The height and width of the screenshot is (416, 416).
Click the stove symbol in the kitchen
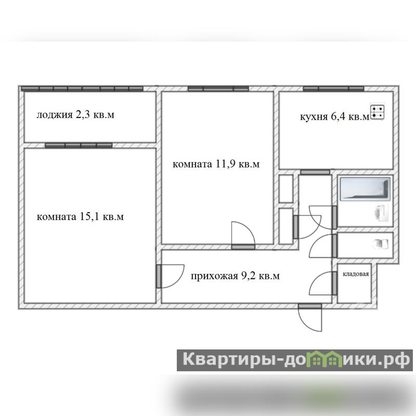click(x=378, y=112)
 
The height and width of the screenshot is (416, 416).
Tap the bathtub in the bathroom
click(x=365, y=189)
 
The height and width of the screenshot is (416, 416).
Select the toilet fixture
click(x=380, y=244)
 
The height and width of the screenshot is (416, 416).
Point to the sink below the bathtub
click(x=382, y=212)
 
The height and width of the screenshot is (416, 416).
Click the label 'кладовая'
click(x=356, y=274)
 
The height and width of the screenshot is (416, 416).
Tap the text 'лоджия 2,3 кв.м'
click(x=75, y=115)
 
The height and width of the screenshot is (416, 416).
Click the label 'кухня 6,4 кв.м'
click(x=334, y=116)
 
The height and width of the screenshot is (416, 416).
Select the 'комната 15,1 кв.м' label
click(x=80, y=217)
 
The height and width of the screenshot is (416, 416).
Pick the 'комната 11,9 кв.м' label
click(x=216, y=164)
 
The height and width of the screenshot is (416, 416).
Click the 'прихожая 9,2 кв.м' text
click(x=236, y=276)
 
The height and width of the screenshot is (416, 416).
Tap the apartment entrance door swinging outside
click(x=310, y=318)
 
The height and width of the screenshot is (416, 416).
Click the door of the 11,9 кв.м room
click(x=243, y=236)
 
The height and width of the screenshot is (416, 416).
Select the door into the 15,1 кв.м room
click(x=170, y=276)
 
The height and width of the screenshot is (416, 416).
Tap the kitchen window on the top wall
click(x=333, y=88)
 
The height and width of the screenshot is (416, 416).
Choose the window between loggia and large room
click(x=79, y=146)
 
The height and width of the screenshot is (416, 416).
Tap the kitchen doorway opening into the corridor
click(x=315, y=172)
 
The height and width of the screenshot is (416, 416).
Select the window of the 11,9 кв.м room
click(x=218, y=88)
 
